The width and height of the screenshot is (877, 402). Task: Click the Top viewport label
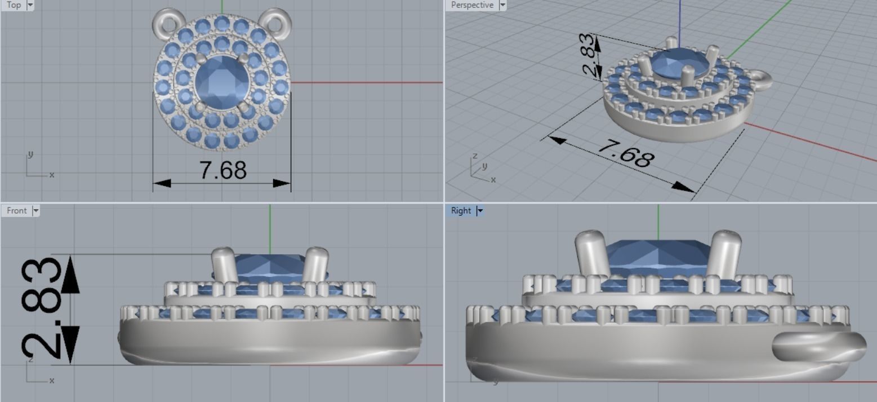13,5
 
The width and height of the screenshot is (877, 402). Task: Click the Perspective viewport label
472,5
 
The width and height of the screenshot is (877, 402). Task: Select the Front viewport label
16,210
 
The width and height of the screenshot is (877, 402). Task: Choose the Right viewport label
460,210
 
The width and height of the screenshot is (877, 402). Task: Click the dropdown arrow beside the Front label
36,210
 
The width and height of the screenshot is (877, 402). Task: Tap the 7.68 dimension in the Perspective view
626,152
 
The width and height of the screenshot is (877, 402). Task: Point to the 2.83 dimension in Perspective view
587,55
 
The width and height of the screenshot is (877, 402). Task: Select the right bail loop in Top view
278,21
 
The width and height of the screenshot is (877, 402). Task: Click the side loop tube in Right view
820,346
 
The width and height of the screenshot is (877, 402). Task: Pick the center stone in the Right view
658,257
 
